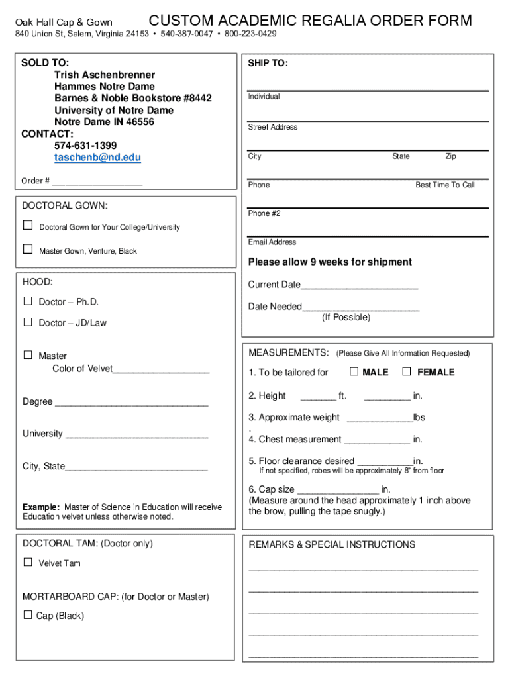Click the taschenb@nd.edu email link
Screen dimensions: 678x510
[x=97, y=158]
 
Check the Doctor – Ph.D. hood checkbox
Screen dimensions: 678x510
[x=28, y=301]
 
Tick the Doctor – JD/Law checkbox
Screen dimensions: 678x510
[x=28, y=322]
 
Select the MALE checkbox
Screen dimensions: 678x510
[x=354, y=371]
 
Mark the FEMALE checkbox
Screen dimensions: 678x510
[x=407, y=371]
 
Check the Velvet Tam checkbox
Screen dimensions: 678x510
[x=28, y=562]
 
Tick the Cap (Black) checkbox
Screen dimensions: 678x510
[x=28, y=615]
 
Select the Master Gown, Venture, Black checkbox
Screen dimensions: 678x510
[x=28, y=250]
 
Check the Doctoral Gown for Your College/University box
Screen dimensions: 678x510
[x=28, y=226]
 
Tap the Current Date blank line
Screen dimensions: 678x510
[x=360, y=286]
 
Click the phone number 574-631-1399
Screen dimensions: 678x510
[x=85, y=146]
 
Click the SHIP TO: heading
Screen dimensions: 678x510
[x=268, y=64]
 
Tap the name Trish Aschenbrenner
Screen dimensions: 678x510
[x=105, y=75]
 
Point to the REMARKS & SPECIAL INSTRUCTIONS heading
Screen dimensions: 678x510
[x=332, y=545]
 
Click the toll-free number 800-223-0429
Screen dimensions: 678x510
[x=250, y=34]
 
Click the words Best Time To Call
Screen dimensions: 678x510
[x=445, y=185]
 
